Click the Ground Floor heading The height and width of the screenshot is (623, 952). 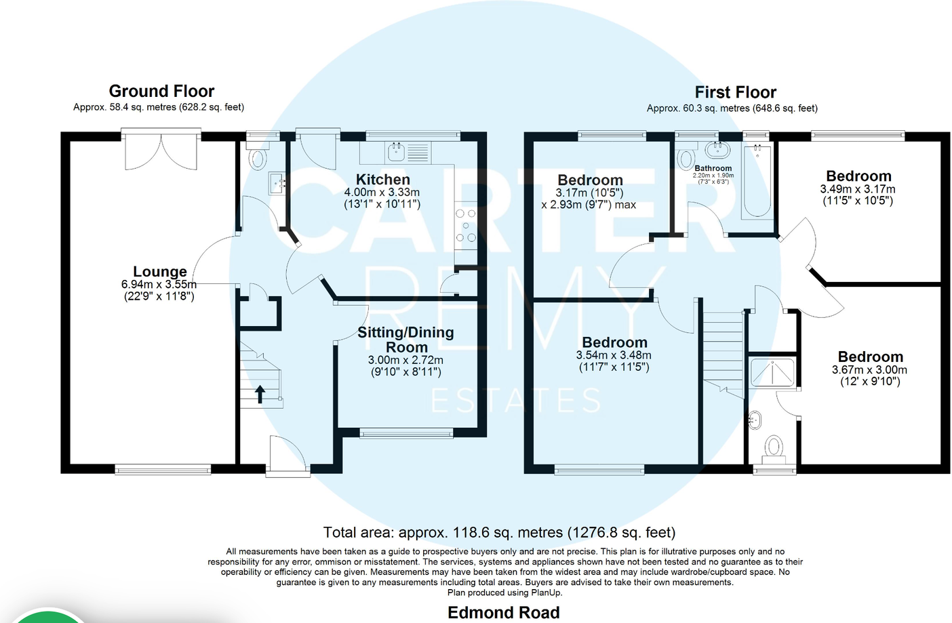coord(161,91)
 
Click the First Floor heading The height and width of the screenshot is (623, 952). coord(735,92)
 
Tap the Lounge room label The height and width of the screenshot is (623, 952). coord(159,271)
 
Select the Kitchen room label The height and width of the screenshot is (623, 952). coord(382,180)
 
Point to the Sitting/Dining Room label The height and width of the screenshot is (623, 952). coord(405,339)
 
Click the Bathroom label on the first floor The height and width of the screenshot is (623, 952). coord(713,168)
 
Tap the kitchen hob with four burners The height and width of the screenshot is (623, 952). coord(465,226)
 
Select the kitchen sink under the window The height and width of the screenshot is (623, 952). coord(396,152)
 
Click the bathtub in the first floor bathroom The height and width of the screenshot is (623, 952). coord(756,182)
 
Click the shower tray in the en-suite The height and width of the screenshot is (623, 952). coord(772,371)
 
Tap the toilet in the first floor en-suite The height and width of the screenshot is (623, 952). coord(774,447)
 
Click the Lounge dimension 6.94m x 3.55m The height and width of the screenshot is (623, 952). coord(159,285)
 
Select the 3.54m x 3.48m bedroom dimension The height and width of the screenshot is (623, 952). coord(614,355)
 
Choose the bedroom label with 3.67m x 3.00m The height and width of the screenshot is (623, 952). coord(870,357)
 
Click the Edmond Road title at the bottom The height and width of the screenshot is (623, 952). coord(503,612)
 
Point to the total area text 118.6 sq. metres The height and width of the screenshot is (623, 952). coord(499,532)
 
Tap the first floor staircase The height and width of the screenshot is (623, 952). coord(723,353)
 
